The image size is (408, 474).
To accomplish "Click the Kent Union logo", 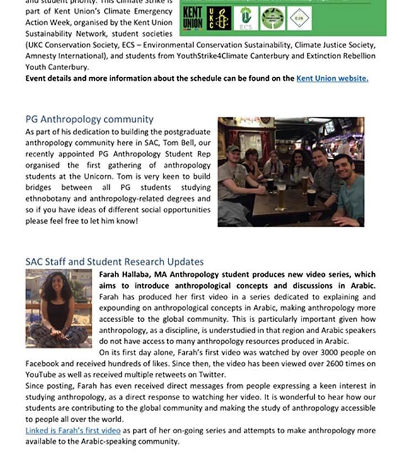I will (192, 18).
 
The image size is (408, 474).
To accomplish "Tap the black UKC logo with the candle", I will (219, 18).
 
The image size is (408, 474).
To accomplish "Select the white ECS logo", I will (246, 18).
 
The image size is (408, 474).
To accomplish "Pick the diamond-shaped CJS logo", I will (299, 18).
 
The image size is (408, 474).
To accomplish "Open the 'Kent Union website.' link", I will (332, 78).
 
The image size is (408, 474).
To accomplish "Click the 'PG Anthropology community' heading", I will (89, 119).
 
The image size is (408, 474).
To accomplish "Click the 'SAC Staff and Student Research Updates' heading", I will (114, 262).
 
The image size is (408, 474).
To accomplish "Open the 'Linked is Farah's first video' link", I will (73, 430).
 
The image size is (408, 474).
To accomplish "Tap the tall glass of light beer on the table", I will (281, 198).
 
